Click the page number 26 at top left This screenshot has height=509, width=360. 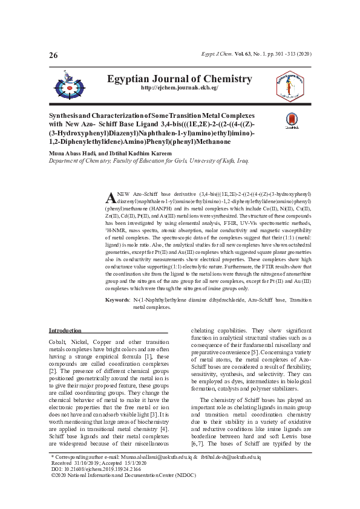coord(53,56)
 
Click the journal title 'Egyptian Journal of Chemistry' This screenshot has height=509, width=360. coord(179,79)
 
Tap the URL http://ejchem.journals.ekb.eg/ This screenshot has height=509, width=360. coord(179,88)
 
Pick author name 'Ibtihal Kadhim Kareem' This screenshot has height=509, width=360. coord(135,154)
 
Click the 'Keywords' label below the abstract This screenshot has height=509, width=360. coord(117,300)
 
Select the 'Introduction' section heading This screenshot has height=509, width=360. coord(65,331)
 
